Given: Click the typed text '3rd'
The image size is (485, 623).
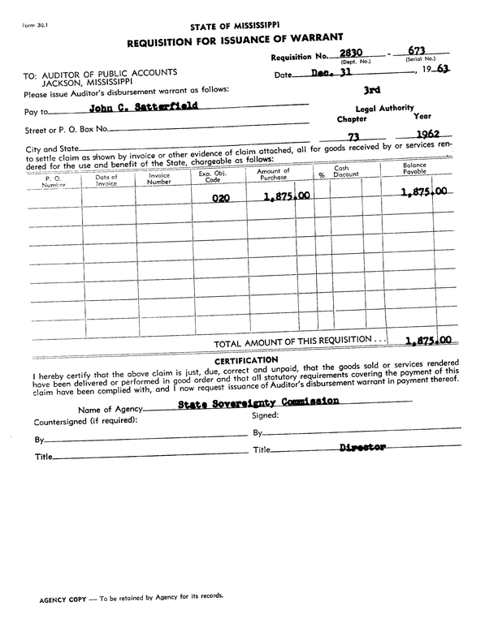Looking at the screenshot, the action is coord(373,92).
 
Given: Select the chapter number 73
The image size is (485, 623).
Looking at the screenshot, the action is coord(353,137).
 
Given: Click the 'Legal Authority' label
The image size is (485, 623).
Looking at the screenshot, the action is coord(384,108).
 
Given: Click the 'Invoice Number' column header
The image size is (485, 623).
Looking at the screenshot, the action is coord(159,178).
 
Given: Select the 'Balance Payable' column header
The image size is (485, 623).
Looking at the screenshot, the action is coord(414,170).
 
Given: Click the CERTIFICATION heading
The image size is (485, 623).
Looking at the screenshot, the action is coord(246,359).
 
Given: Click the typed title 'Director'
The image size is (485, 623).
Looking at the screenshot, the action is coord(362,447).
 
